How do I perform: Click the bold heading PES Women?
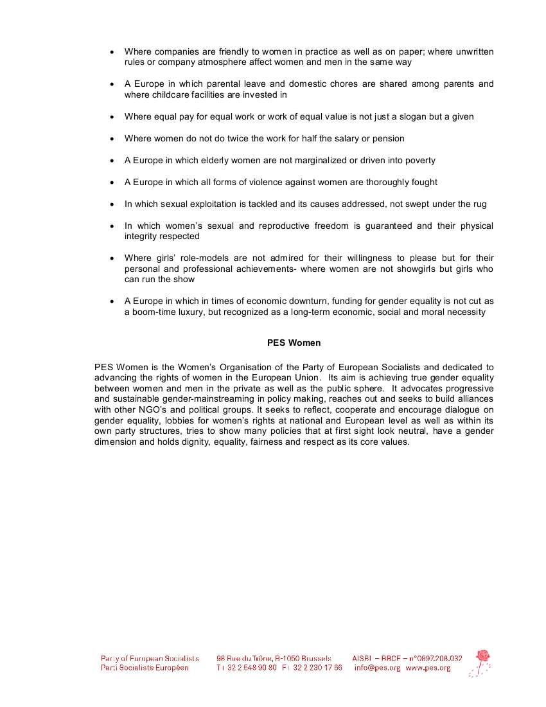294,343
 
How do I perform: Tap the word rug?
479,204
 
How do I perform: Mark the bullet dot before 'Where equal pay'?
112,117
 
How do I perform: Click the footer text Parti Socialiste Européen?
145,668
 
